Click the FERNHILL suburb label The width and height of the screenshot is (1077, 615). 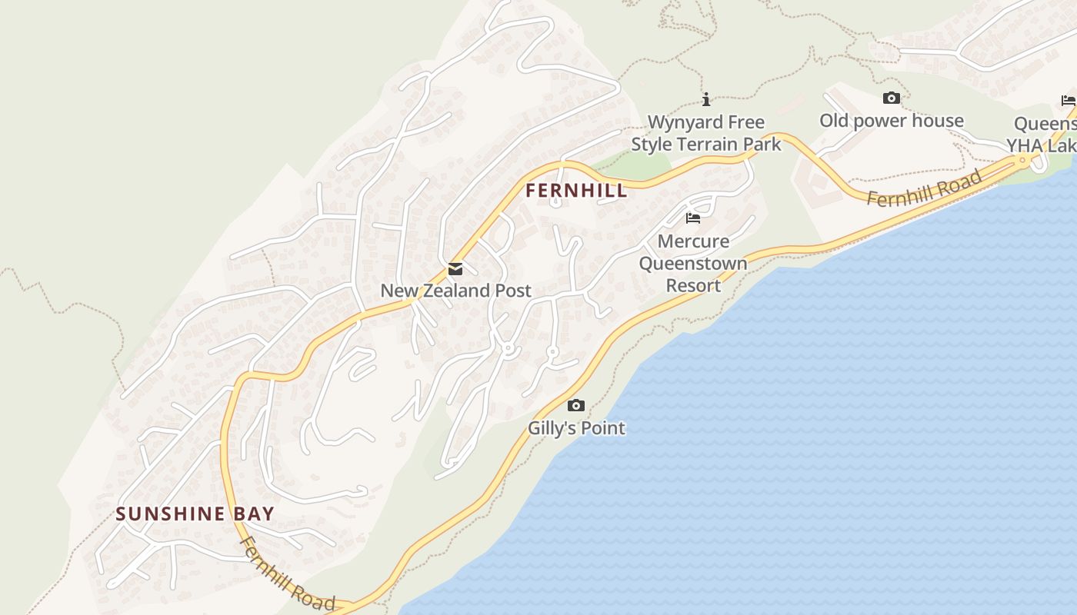(x=576, y=191)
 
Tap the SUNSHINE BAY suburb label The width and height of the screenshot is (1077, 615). (x=195, y=514)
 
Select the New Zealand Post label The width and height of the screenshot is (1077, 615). (x=455, y=291)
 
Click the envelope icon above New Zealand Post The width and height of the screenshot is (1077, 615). (x=455, y=269)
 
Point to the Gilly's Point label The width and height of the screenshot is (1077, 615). (x=576, y=428)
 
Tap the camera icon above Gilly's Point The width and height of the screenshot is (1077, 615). (x=576, y=406)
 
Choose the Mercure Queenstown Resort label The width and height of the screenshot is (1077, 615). (x=693, y=263)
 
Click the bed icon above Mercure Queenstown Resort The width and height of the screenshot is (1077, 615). (x=693, y=218)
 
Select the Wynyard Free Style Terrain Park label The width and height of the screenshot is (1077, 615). (x=706, y=133)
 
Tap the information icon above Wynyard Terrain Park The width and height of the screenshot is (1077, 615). (x=706, y=99)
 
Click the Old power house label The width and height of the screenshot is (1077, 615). (x=891, y=121)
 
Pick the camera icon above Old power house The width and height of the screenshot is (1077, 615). (x=892, y=98)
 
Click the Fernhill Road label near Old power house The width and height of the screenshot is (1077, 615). (x=925, y=189)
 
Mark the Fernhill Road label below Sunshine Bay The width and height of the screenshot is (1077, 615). (x=287, y=573)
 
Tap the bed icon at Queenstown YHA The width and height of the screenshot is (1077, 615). (x=1068, y=101)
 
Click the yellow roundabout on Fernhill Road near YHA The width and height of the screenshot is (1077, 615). (x=1022, y=161)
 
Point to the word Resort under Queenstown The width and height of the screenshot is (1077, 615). (x=693, y=285)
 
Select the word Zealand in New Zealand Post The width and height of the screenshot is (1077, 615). (x=457, y=291)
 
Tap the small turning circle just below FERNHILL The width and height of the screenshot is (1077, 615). (x=555, y=203)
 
